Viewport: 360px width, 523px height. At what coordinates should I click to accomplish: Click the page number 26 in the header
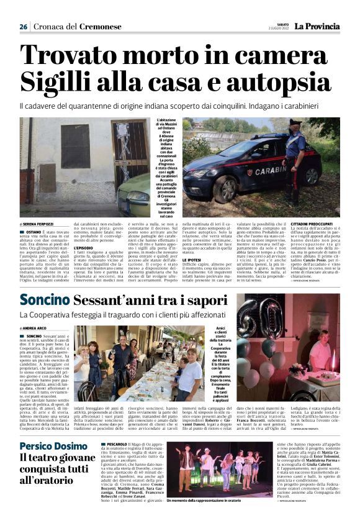(x=23, y=27)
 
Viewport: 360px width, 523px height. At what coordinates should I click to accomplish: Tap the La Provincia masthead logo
(x=317, y=27)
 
